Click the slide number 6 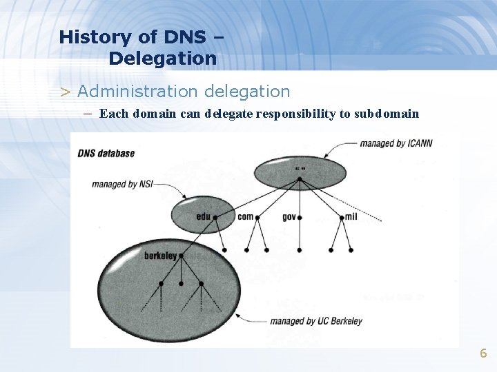tap(483, 353)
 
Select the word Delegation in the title tap(162, 59)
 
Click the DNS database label tap(106, 153)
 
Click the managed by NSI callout tap(122, 184)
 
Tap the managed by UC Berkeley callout tap(315, 320)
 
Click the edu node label tap(203, 216)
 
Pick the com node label tap(245, 216)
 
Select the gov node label tap(289, 216)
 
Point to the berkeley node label tap(160, 256)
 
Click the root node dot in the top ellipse tap(299, 179)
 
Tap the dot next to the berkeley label tap(181, 256)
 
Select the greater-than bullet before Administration tap(65, 92)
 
